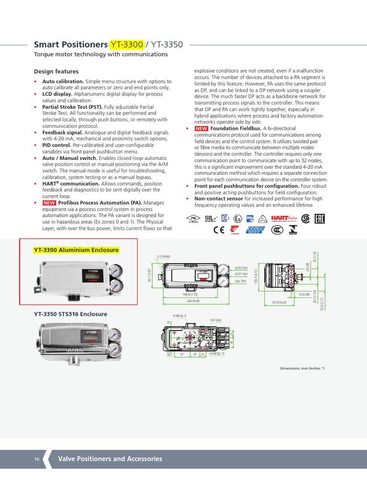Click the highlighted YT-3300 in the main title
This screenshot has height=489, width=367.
[127, 45]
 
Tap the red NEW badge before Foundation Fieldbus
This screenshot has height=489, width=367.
[201, 128]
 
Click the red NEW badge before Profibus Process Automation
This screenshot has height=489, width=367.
[49, 203]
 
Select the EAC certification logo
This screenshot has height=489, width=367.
[320, 218]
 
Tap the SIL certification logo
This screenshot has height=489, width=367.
[211, 218]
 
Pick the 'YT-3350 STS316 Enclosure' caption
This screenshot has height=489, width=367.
[70, 314]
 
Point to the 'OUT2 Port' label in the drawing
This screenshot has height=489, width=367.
[241, 268]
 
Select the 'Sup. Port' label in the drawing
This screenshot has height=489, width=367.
[240, 282]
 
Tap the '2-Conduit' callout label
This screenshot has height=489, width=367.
[164, 256]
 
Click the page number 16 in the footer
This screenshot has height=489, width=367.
[37, 459]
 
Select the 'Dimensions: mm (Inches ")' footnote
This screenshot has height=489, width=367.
[302, 368]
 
